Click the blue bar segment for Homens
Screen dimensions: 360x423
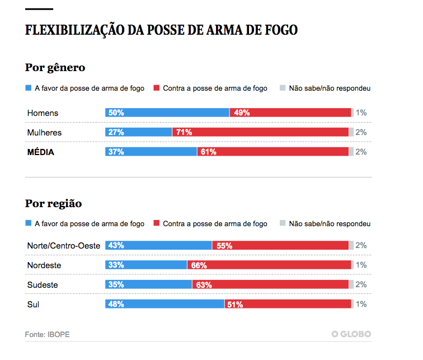pyautogui.click(x=167, y=113)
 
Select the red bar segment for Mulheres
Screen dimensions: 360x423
pyautogui.click(x=260, y=132)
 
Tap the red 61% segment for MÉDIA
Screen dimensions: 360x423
pyautogui.click(x=273, y=152)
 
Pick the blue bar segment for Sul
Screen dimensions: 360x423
pyautogui.click(x=165, y=304)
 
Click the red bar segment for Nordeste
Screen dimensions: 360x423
pyautogui.click(x=269, y=265)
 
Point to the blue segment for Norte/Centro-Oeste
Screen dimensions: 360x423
pyautogui.click(x=158, y=245)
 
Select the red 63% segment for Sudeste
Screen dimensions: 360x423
pyautogui.click(x=271, y=284)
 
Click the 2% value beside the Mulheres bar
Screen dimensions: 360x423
pyautogui.click(x=361, y=133)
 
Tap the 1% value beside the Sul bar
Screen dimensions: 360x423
pyautogui.click(x=361, y=304)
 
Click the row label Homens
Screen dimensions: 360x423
pyautogui.click(x=43, y=113)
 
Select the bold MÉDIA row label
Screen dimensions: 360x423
pyautogui.click(x=41, y=152)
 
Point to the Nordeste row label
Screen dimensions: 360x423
pyautogui.click(x=44, y=265)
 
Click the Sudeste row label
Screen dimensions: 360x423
pyautogui.click(x=43, y=285)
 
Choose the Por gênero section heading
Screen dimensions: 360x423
pyautogui.click(x=55, y=68)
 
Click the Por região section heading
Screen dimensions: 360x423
pyautogui.click(x=53, y=204)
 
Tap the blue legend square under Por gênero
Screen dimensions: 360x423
pyautogui.click(x=29, y=88)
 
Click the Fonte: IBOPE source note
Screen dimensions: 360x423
pyautogui.click(x=48, y=334)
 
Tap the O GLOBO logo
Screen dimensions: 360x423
pyautogui.click(x=351, y=334)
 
